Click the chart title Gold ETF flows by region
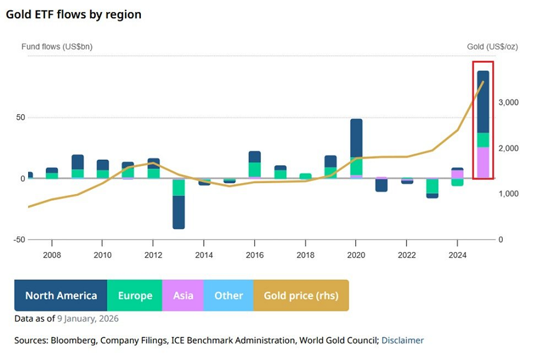tap(73, 14)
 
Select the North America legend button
tap(60, 295)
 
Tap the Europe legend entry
tap(135, 295)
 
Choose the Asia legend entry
tap(183, 295)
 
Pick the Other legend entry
tap(228, 295)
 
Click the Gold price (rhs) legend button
tap(301, 295)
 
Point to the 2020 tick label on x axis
tap(356, 254)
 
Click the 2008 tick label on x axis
tap(52, 254)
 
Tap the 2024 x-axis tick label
tap(458, 254)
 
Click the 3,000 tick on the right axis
tap(508, 103)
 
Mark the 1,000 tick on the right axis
tap(508, 194)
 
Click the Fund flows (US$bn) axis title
tap(57, 46)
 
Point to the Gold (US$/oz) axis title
tap(492, 46)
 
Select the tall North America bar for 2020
tap(356, 137)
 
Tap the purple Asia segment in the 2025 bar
tap(483, 163)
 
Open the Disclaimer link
tap(402, 340)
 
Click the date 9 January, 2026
tap(88, 319)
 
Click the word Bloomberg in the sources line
tap(71, 340)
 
